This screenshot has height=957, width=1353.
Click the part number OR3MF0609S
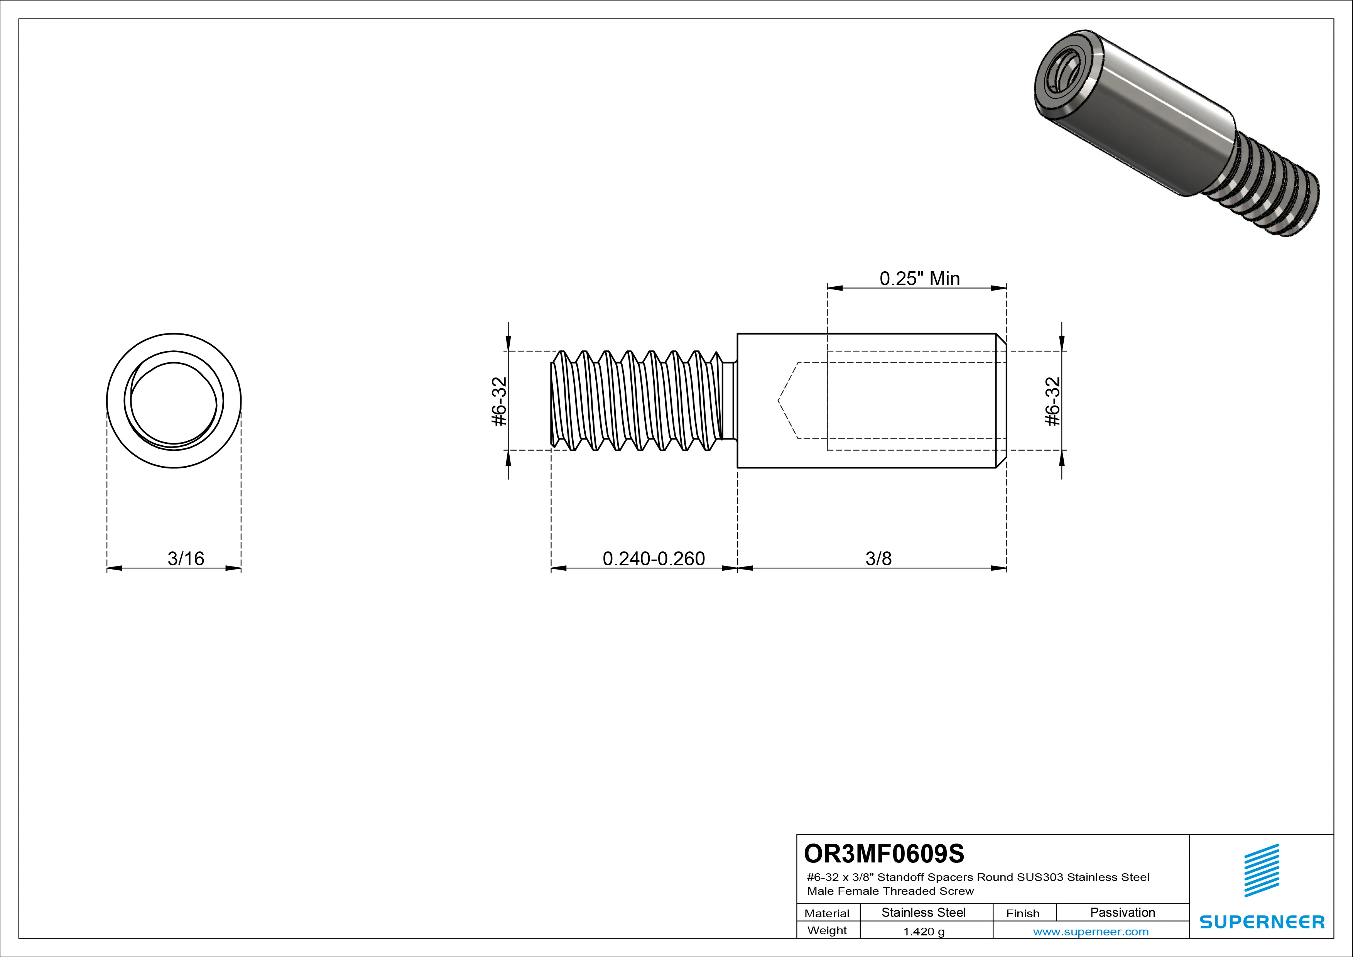pyautogui.click(x=883, y=853)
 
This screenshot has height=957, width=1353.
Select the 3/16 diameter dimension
pyautogui.click(x=186, y=558)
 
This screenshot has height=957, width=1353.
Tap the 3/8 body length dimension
pyautogui.click(x=878, y=558)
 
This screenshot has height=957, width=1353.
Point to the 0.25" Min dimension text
pyautogui.click(x=919, y=278)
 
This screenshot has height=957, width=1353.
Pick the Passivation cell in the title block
pyautogui.click(x=1122, y=912)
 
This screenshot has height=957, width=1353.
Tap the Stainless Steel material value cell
pyautogui.click(x=923, y=912)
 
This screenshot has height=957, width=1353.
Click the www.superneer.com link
pyautogui.click(x=1090, y=931)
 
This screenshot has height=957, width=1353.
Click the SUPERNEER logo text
pyautogui.click(x=1262, y=921)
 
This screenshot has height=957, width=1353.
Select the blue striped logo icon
pyautogui.click(x=1262, y=871)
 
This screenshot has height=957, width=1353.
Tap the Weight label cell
pyautogui.click(x=827, y=930)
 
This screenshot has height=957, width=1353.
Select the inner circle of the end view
pyautogui.click(x=174, y=402)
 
